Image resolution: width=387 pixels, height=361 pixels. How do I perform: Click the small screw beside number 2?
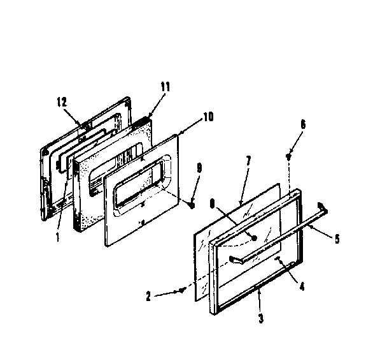coord(183,290)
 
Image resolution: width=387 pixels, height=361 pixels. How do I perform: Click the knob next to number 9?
coord(190,205)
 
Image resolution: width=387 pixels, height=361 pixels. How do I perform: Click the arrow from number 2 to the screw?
coord(169,293)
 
